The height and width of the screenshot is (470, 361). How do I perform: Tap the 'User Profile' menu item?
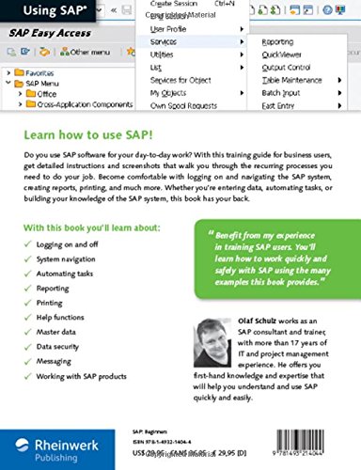172,28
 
